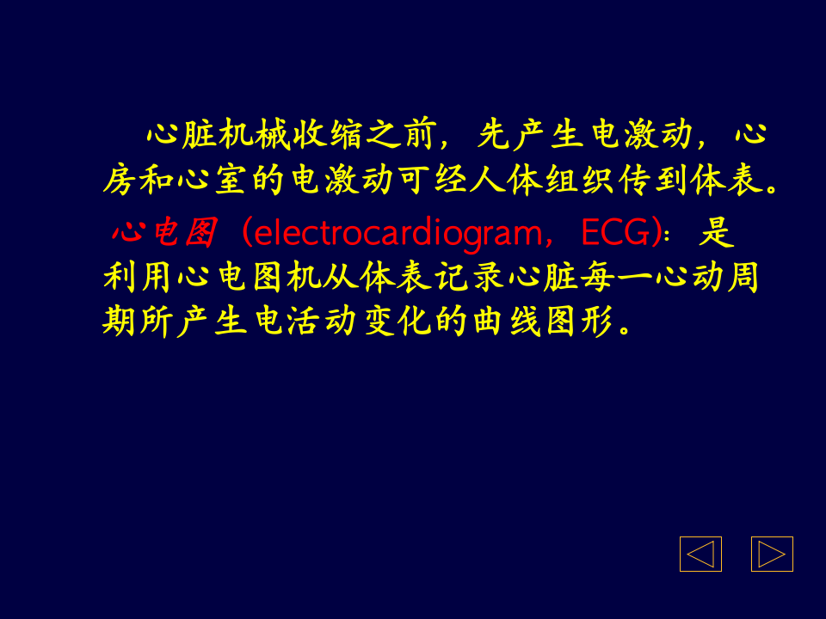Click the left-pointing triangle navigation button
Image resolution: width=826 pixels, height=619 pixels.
pyautogui.click(x=700, y=554)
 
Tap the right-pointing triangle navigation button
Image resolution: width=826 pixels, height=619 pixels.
pyautogui.click(x=772, y=554)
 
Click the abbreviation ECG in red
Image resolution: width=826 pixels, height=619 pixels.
pyautogui.click(x=614, y=232)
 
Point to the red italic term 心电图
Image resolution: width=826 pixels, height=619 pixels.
pyautogui.click(x=163, y=232)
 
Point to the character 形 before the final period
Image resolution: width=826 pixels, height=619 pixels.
pyautogui.click(x=601, y=322)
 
